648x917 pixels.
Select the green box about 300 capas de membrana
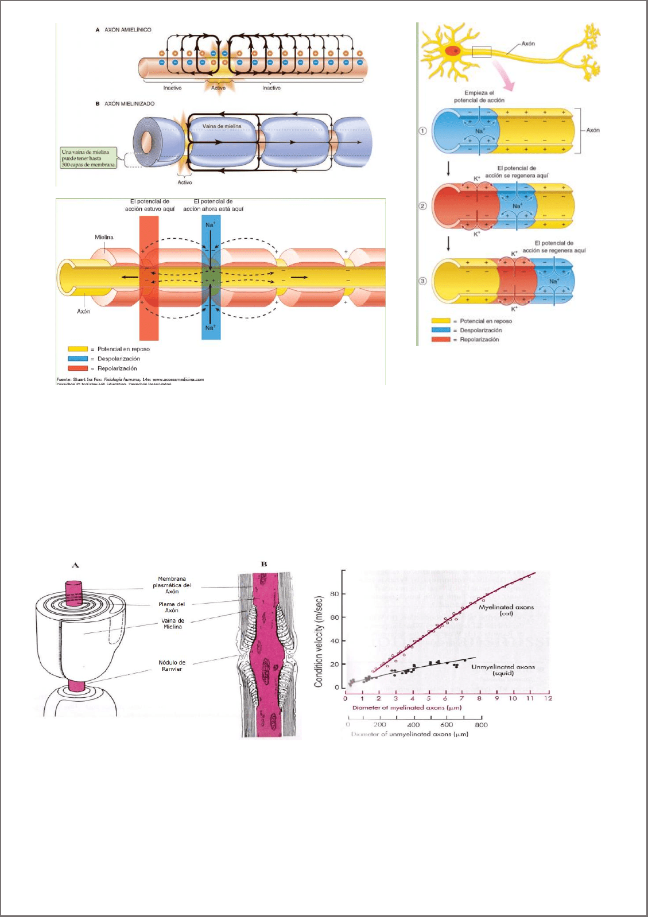click(89, 158)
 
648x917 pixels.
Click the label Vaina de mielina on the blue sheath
click(222, 126)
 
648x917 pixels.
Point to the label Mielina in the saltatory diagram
click(104, 237)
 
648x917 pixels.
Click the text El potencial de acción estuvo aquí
click(150, 205)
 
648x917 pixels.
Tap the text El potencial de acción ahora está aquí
click(213, 205)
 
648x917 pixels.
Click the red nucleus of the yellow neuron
click(453, 50)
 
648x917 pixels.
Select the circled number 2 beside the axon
click(423, 205)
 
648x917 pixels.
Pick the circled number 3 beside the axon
click(423, 281)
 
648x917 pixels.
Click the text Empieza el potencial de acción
click(479, 96)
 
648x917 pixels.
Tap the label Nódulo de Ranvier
click(172, 666)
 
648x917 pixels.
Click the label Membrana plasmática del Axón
click(172, 585)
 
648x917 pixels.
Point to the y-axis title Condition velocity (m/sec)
click(319, 642)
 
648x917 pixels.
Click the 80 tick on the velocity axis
click(335, 594)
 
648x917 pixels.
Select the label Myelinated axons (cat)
click(506, 610)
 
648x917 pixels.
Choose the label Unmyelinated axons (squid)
click(503, 670)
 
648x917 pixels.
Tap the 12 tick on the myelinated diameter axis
click(548, 698)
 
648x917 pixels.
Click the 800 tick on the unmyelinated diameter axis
click(482, 725)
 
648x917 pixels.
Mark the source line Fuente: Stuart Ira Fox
click(130, 379)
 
